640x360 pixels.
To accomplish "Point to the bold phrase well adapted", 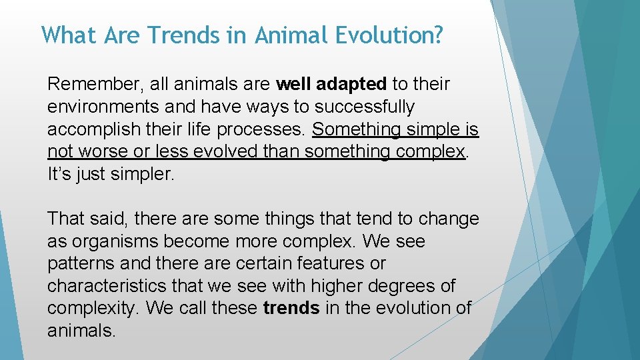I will click(x=331, y=85).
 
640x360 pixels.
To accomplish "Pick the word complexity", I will click(x=93, y=309).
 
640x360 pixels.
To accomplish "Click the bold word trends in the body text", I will click(x=291, y=309).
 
